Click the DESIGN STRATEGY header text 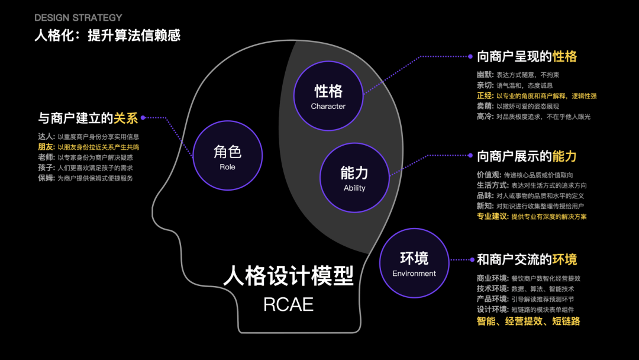78,18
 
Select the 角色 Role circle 227,156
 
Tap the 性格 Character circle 328,95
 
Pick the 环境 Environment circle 414,263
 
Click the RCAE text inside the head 288,305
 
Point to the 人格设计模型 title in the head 288,276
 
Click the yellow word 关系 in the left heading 125,118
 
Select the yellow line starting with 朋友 89,146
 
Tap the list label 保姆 46,178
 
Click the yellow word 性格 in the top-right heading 564,57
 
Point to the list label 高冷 485,117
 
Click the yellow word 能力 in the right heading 564,156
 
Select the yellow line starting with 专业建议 531,217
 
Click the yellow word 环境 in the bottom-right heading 564,259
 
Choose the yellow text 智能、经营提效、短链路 528,322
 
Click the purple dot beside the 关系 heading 143,118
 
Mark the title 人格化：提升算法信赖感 107,36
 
